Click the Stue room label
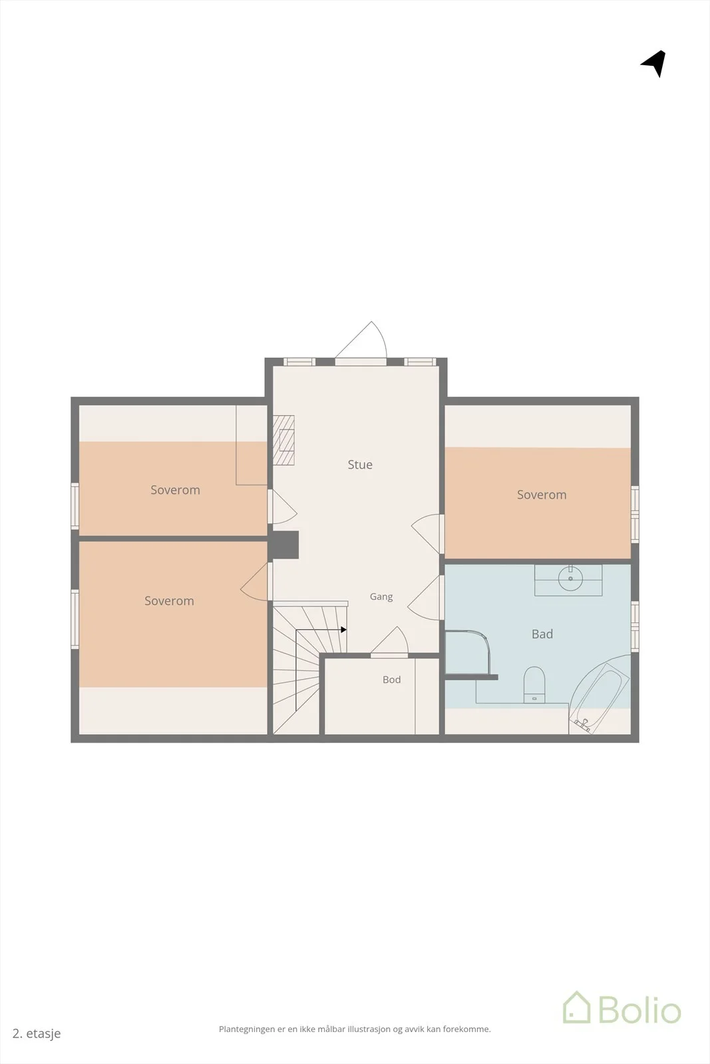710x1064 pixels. (360, 465)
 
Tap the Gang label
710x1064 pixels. (381, 597)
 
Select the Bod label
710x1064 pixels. (391, 680)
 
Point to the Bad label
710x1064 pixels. (542, 634)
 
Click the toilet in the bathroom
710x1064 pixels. (534, 684)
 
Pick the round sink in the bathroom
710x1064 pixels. (570, 578)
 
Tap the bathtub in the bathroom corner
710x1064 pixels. (598, 696)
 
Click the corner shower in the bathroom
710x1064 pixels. (468, 652)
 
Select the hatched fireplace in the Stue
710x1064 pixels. (283, 440)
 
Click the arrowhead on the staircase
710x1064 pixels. (343, 630)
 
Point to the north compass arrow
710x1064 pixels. (655, 63)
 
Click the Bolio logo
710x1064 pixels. (622, 1007)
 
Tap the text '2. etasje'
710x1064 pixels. (37, 1033)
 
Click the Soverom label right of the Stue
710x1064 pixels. (542, 495)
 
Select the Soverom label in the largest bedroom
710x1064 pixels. (169, 601)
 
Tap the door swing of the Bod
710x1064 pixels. (390, 640)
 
